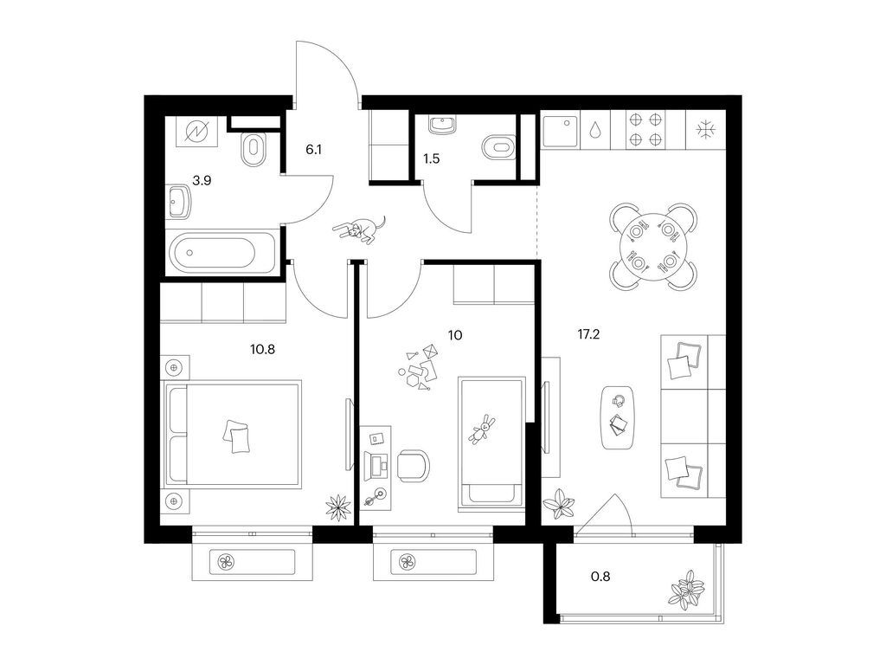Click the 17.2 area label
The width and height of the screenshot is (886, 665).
pos(588,334)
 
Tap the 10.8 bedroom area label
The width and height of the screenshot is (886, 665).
pos(262,349)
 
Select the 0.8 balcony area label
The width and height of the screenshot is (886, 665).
pos(600,577)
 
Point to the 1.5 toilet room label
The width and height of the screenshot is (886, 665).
pos(431,159)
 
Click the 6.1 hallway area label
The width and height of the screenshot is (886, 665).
pos(313,150)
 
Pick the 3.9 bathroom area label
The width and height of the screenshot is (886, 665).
pos(202,181)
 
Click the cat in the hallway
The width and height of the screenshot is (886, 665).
pos(360,229)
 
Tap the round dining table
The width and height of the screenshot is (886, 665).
pos(652,247)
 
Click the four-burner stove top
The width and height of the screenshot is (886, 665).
pos(645,129)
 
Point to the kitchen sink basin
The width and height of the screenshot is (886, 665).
pos(561,131)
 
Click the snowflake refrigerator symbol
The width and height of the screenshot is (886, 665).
pos(706,130)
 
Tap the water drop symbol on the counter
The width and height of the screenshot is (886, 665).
pos(596,131)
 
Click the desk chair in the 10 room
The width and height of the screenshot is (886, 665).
pos(413,466)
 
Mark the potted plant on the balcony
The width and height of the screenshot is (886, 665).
pos(687,590)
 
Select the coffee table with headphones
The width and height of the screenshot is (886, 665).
pos(617,417)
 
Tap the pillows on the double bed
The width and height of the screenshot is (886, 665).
pos(236,436)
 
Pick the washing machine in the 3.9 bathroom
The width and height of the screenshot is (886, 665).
pos(198,132)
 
